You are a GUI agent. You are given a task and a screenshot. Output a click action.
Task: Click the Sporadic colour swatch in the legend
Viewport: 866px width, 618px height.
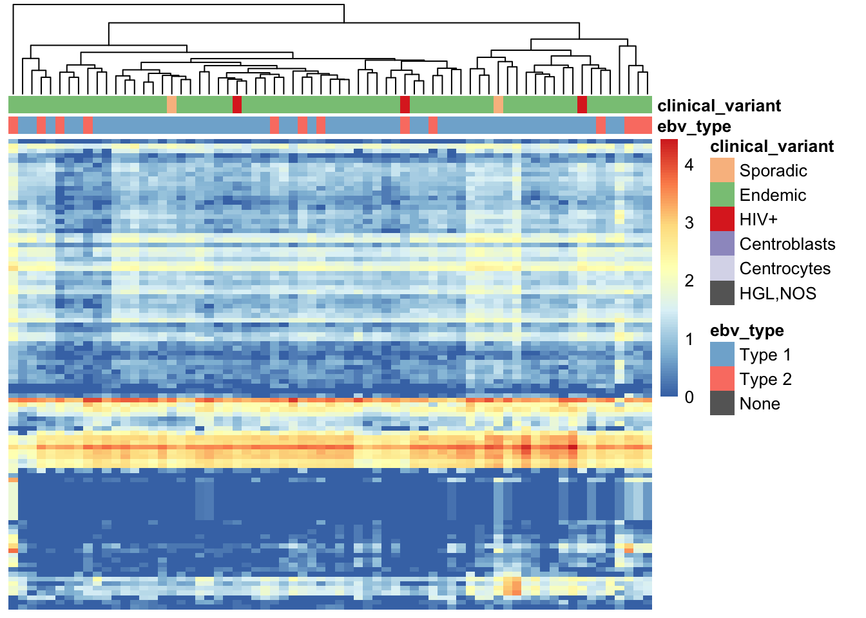(722, 170)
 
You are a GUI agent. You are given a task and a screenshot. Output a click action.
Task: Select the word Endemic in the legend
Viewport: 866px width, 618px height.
(773, 195)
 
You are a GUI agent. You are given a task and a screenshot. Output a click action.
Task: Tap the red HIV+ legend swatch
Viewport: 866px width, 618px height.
(722, 219)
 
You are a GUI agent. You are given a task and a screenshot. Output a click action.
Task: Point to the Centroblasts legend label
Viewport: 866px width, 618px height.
(787, 244)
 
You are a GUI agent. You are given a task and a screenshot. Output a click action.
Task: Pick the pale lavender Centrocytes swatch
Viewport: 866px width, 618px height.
(722, 268)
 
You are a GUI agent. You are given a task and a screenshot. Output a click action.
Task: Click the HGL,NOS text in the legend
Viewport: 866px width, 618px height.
(778, 294)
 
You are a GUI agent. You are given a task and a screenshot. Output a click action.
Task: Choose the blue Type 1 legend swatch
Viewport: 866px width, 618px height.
(722, 354)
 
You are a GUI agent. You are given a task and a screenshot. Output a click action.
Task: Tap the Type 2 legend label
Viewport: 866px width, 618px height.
(765, 379)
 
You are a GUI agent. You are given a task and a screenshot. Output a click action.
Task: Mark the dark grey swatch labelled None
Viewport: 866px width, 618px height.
(722, 403)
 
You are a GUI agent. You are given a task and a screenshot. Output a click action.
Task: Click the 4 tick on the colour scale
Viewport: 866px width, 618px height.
(689, 165)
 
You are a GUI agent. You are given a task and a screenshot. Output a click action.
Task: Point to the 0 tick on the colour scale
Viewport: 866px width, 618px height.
(689, 397)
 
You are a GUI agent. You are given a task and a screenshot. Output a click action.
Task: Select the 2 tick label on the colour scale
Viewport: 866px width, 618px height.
(689, 281)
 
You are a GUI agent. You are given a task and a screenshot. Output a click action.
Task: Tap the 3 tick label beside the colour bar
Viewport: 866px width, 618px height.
(689, 223)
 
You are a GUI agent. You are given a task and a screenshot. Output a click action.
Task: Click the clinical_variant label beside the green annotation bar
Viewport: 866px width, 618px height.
(719, 106)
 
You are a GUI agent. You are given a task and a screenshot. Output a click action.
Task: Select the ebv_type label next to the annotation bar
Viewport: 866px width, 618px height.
(694, 127)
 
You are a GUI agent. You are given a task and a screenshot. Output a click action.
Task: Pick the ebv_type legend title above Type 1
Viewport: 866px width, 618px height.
(747, 331)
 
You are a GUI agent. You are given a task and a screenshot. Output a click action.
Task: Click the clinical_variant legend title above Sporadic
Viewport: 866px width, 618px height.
(772, 147)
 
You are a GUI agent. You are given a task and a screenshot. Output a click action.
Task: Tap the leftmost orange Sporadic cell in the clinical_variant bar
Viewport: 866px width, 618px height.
(171, 105)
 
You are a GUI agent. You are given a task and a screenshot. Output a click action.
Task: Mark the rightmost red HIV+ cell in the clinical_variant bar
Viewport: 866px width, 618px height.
(582, 105)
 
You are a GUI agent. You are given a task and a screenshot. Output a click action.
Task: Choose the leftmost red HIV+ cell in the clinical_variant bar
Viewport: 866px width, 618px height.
(237, 105)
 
